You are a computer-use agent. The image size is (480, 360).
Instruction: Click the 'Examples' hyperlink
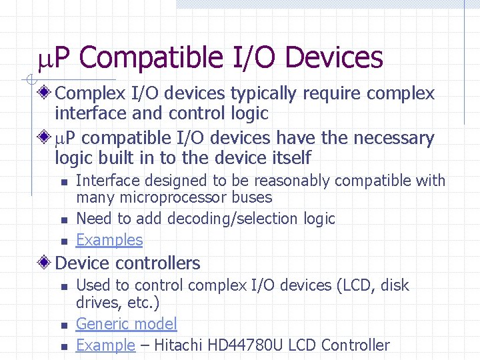coord(109,240)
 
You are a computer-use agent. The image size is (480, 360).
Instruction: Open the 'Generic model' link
coord(126,324)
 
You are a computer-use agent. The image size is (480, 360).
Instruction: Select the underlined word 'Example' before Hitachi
coord(105,345)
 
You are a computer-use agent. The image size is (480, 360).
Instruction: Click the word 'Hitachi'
coord(175,345)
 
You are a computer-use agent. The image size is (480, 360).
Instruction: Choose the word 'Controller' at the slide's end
coord(355,345)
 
